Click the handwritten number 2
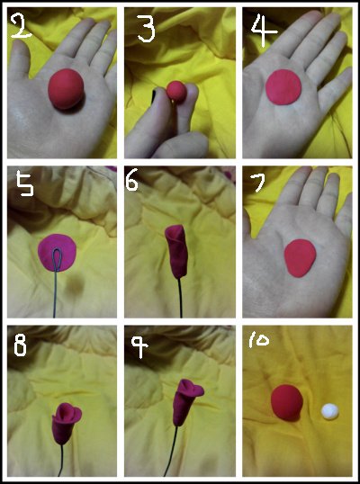22,27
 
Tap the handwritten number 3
147,28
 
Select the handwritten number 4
264,30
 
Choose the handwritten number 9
139,346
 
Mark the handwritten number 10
258,340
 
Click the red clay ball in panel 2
66,89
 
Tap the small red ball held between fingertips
176,90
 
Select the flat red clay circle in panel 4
283,87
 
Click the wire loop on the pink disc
57,259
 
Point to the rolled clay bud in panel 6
177,251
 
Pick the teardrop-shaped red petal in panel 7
300,258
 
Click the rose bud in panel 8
66,423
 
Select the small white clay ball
329,412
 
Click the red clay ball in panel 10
287,402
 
